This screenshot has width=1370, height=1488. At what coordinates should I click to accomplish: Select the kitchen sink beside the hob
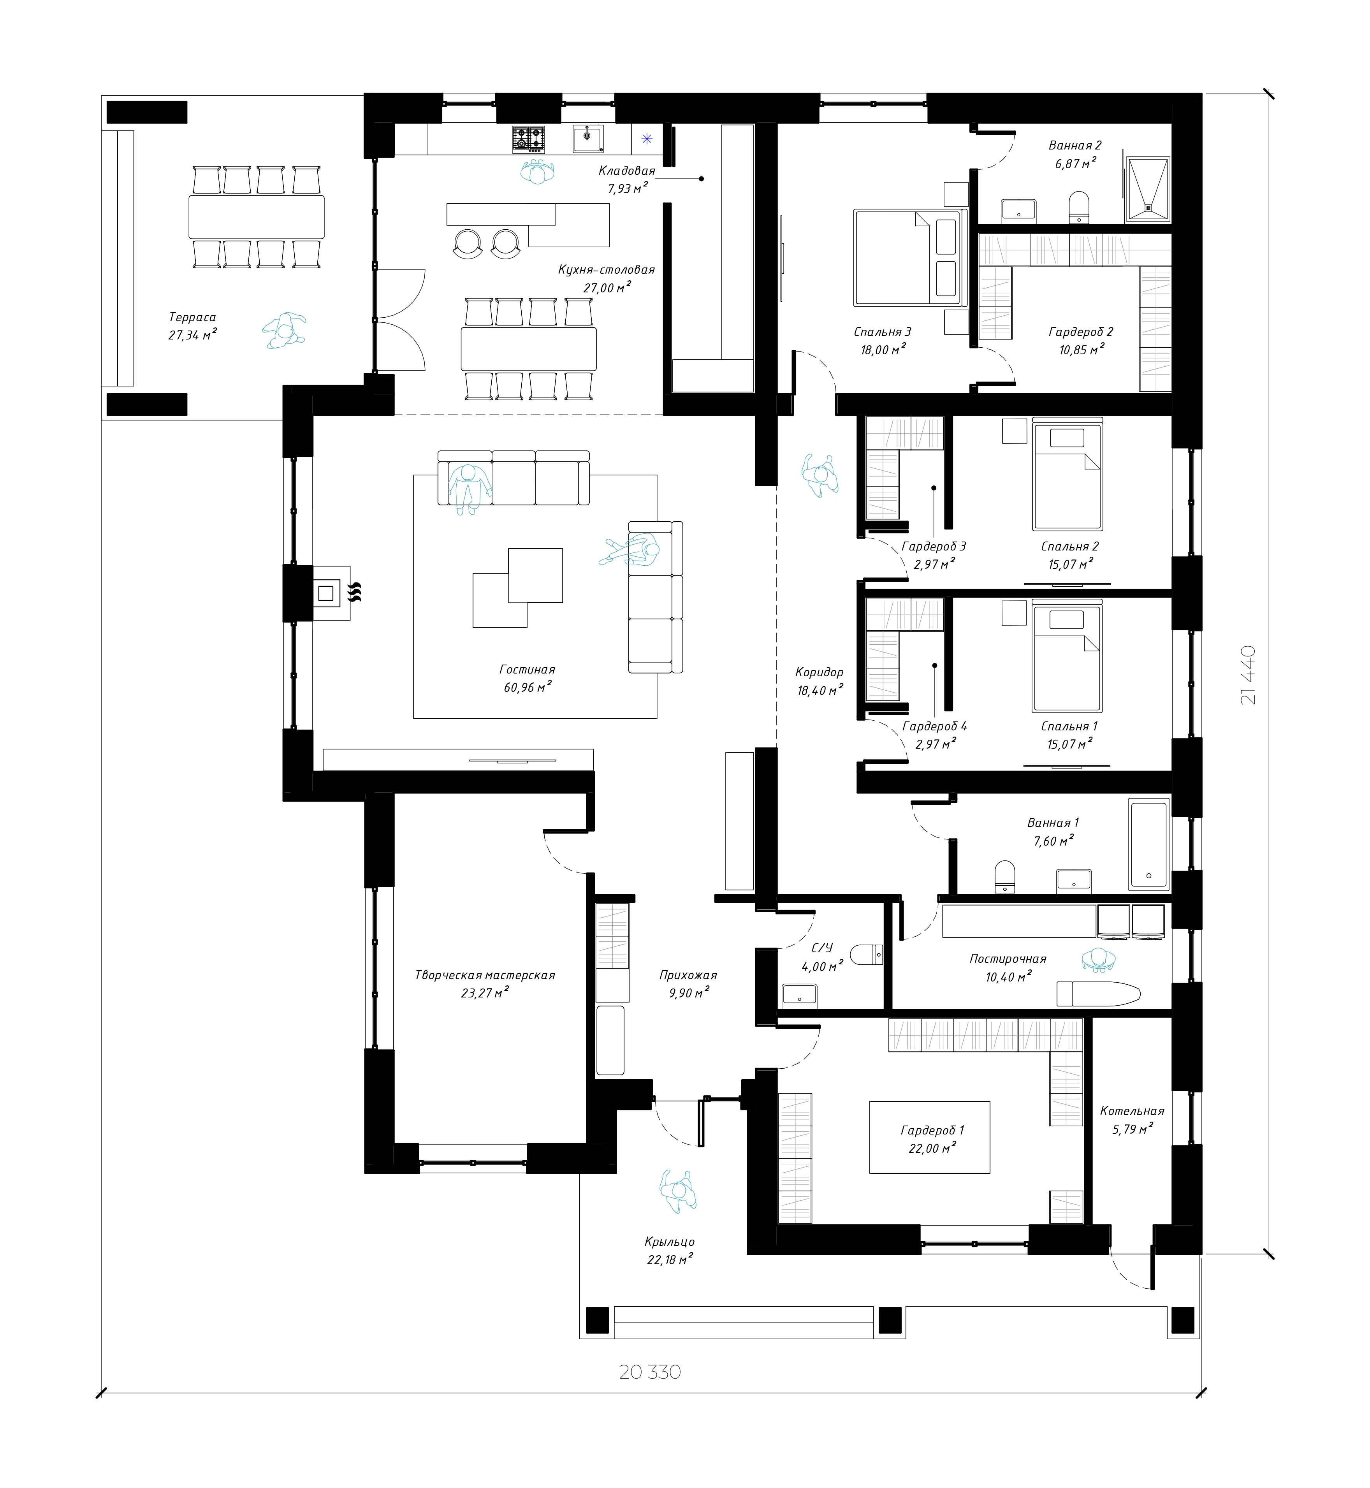[588, 138]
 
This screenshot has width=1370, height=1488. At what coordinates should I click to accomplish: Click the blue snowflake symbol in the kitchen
[646, 139]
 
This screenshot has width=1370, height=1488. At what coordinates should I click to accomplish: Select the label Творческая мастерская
[485, 975]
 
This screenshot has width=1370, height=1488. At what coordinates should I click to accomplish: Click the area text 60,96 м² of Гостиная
[527, 687]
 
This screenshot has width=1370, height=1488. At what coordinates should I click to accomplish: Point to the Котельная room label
[1132, 1111]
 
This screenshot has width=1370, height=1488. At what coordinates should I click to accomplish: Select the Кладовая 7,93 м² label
[626, 179]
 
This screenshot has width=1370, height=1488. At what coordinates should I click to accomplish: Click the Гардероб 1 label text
[932, 1131]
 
